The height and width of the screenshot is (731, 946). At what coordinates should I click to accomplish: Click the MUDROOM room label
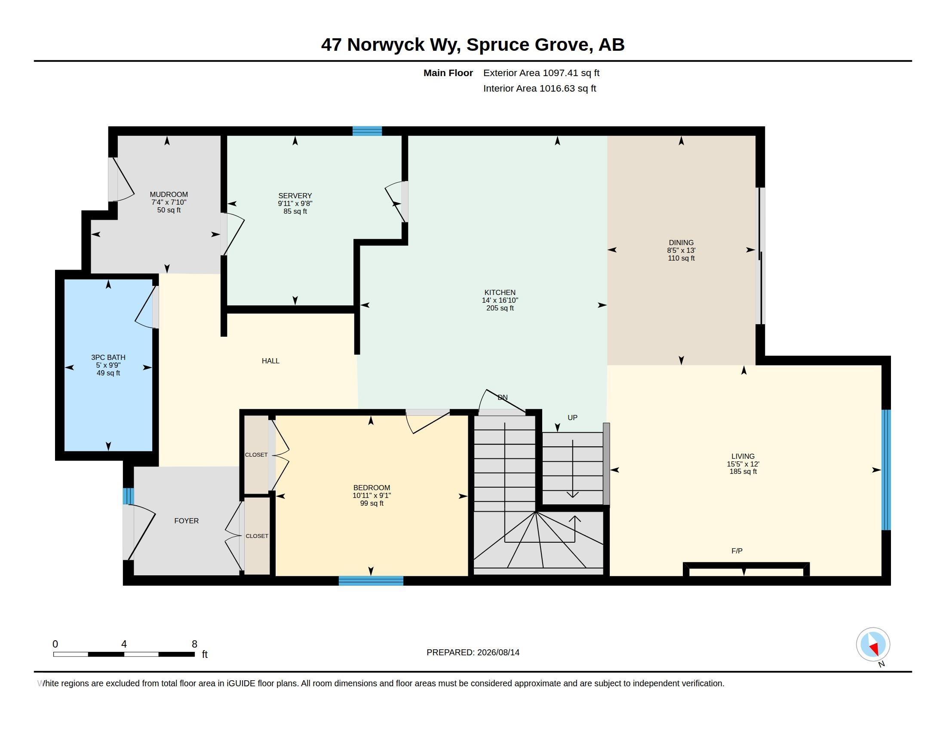coord(169,194)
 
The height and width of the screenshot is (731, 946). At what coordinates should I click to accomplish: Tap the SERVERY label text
coord(295,196)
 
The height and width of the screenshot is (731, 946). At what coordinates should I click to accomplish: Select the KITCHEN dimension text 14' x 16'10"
coord(500,300)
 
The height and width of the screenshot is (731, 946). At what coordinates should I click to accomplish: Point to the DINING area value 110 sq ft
coord(681,258)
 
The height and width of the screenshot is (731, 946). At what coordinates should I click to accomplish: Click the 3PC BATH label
coord(108,357)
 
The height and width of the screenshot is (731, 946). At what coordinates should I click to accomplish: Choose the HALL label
coord(270,361)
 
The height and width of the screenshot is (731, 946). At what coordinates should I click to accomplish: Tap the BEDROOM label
coord(372,488)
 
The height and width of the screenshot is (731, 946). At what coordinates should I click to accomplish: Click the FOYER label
coord(186,521)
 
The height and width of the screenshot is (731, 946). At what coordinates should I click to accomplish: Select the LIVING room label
coord(743,456)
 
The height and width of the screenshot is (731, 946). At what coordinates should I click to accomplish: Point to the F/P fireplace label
coord(737,551)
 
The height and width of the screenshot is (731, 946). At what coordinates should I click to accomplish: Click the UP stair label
coord(573,418)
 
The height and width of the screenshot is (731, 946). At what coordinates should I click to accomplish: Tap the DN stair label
coord(502,397)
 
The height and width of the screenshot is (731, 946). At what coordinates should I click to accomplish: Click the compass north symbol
coord(873,645)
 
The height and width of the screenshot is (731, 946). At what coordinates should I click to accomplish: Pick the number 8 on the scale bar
coord(194,644)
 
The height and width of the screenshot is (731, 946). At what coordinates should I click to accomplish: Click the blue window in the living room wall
coord(886,470)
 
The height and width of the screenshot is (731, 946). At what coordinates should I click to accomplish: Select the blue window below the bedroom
coord(371,581)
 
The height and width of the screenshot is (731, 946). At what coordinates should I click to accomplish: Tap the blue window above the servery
coord(367,131)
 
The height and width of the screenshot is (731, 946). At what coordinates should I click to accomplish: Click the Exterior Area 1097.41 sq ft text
coord(541,73)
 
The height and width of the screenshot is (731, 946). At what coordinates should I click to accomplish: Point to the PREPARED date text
coord(473,652)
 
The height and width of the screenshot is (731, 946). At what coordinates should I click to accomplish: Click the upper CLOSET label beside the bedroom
coord(256,455)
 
